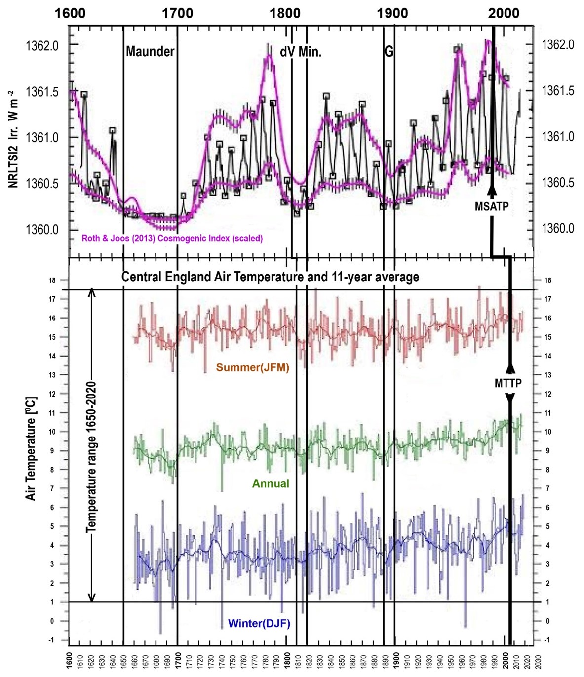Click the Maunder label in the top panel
point(150,51)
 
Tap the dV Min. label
point(301,51)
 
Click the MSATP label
point(491,206)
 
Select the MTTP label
point(508,383)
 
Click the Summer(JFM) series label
point(252,367)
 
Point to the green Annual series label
point(271,483)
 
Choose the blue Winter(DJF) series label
point(259,623)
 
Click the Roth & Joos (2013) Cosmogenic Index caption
point(172,239)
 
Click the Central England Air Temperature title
point(270,277)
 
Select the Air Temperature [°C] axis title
point(31,448)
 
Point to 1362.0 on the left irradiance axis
point(42,45)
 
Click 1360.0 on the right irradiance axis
point(558,228)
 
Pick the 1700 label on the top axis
point(177,13)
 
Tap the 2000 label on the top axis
point(504,13)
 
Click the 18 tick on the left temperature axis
point(51,280)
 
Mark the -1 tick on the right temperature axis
point(546,640)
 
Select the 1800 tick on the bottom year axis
point(287,660)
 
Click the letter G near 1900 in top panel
point(389,51)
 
